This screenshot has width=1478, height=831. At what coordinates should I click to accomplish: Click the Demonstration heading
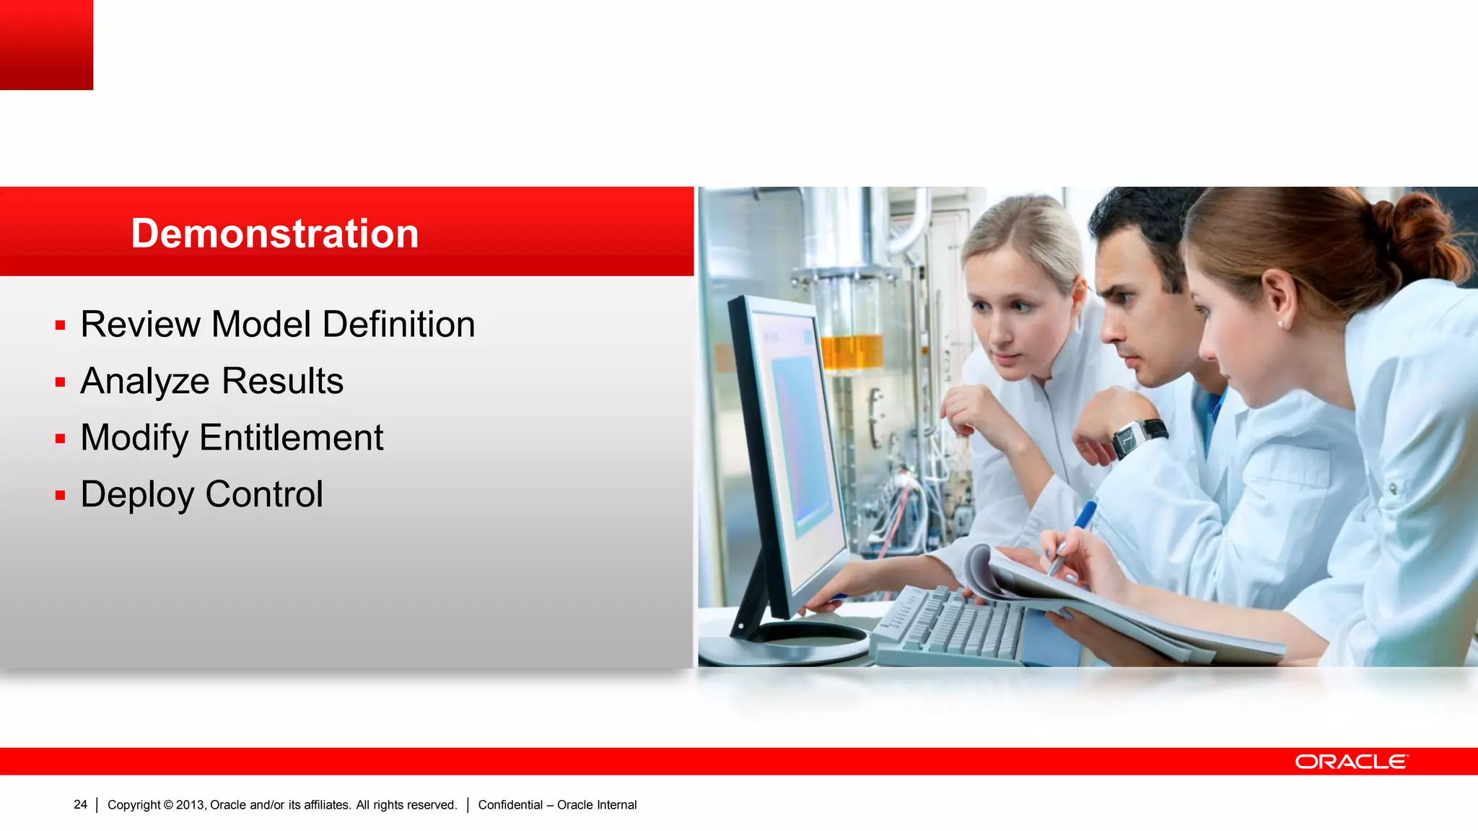(x=274, y=234)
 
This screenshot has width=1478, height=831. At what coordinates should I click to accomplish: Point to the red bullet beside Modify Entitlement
(x=61, y=439)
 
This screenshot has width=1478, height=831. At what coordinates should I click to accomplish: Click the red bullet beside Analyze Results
(x=61, y=382)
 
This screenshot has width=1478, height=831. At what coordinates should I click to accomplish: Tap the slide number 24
(x=80, y=804)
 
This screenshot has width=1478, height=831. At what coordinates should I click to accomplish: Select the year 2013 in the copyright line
(x=191, y=804)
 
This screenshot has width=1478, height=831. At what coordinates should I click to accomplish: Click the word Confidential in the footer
(x=510, y=804)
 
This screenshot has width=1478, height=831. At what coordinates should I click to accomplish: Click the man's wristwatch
(x=1137, y=436)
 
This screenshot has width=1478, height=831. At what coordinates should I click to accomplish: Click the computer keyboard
(x=953, y=624)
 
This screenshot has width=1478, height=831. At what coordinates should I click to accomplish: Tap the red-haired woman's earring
(x=1282, y=324)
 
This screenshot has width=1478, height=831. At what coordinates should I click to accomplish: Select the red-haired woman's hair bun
(x=1414, y=231)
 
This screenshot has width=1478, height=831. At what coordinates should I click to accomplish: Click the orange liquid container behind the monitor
(x=852, y=352)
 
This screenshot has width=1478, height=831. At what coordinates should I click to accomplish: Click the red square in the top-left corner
(x=46, y=45)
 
